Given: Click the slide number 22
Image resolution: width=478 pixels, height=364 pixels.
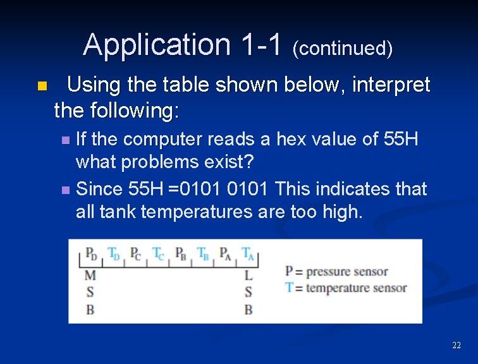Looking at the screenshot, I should [457, 346].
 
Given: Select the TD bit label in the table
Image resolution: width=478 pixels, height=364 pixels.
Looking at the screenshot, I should [114, 254].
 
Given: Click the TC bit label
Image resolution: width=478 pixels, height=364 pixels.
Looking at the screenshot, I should [158, 254].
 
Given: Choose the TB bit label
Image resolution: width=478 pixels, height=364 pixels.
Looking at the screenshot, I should [203, 254].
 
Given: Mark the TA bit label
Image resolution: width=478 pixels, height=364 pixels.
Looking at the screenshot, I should [247, 254].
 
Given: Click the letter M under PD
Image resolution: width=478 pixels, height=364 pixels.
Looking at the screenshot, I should [90, 276].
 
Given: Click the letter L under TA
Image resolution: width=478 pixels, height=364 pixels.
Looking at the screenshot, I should [248, 276].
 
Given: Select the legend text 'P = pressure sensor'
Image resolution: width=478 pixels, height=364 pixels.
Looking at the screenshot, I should [336, 272].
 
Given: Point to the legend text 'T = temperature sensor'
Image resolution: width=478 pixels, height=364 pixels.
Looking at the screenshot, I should [346, 288].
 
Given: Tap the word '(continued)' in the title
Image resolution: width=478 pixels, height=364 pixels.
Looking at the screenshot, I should [342, 48].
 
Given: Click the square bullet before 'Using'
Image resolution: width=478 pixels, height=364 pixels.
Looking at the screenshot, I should [42, 86].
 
